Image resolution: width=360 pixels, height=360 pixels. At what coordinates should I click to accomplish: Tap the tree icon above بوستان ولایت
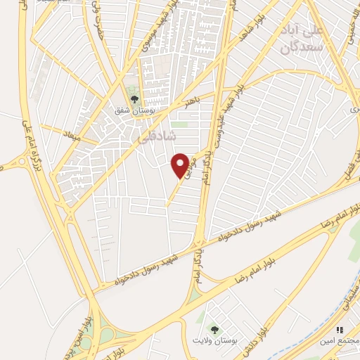pos(213,328)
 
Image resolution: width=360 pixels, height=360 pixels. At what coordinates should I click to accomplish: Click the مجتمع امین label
pos(340,341)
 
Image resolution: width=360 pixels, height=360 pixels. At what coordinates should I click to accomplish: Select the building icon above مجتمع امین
pos(340,329)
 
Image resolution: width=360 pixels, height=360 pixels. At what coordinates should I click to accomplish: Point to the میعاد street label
pos(72,136)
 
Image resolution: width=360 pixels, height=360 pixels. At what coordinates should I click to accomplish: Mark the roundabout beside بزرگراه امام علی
pos(30,163)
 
